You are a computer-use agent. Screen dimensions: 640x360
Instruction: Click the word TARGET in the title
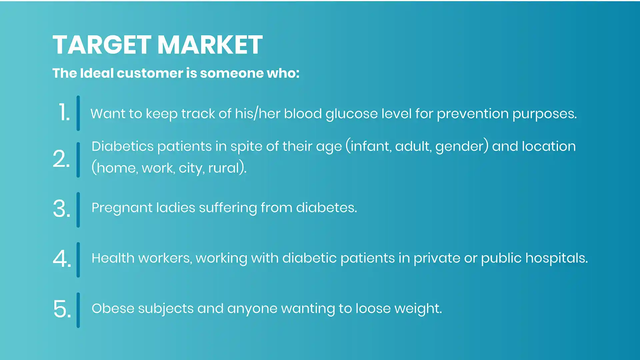point(102,45)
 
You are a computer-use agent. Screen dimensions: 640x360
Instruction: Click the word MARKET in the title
point(210,45)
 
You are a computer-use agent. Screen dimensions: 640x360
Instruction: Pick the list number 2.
point(61,159)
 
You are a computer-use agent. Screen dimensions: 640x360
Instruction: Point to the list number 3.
point(62,209)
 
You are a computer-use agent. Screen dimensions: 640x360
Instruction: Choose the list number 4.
point(62,259)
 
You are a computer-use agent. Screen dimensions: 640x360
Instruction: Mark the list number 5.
point(62,309)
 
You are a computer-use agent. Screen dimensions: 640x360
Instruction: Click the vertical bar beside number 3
point(78,210)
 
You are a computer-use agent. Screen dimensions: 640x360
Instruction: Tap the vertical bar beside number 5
point(78,310)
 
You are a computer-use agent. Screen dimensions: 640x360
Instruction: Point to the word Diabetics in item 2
point(123,146)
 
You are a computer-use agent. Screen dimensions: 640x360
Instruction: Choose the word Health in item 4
point(113,258)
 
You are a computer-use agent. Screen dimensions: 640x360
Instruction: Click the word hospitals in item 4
point(557,258)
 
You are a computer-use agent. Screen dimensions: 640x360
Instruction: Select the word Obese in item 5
point(113,308)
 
